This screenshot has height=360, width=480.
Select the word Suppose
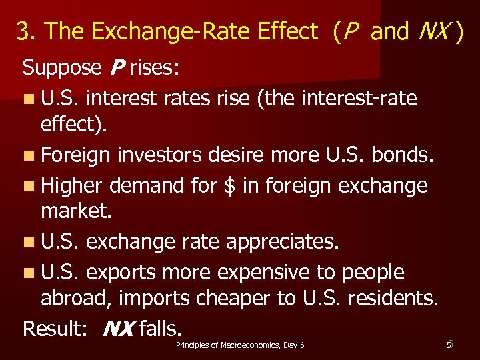click(x=60, y=68)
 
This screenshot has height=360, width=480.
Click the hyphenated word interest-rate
click(x=359, y=98)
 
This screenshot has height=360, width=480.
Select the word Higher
click(x=71, y=185)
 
